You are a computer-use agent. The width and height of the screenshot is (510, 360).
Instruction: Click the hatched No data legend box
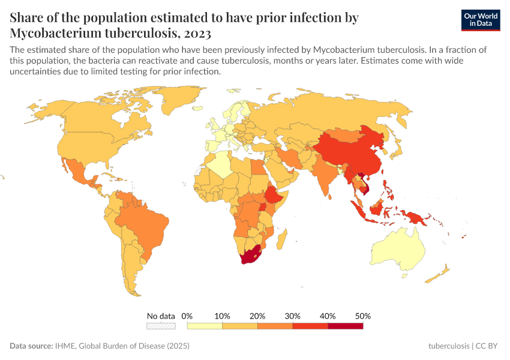(x=161, y=326)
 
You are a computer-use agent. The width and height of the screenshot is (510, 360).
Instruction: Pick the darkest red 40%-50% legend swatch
(x=346, y=326)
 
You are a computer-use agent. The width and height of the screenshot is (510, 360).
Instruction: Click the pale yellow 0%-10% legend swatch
(x=205, y=326)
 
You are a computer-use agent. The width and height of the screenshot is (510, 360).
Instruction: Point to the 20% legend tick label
(x=257, y=316)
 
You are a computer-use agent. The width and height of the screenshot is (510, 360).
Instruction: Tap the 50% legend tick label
(x=363, y=316)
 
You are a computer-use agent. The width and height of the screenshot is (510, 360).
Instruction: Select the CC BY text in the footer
(x=488, y=346)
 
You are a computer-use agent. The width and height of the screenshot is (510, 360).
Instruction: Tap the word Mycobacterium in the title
(x=56, y=32)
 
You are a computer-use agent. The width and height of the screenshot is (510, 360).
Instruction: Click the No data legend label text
(x=161, y=316)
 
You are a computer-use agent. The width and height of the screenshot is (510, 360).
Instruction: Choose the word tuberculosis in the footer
(x=449, y=346)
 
